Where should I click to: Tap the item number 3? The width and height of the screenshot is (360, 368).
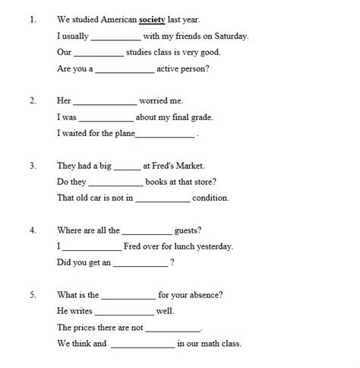(x=33, y=165)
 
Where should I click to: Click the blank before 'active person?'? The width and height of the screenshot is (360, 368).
(x=125, y=69)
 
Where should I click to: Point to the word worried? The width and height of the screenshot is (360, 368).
(x=162, y=100)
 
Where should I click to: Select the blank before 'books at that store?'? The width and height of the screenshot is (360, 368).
(x=115, y=182)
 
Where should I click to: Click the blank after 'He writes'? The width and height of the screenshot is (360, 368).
(x=124, y=311)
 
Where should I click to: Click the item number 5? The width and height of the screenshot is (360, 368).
(x=33, y=295)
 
